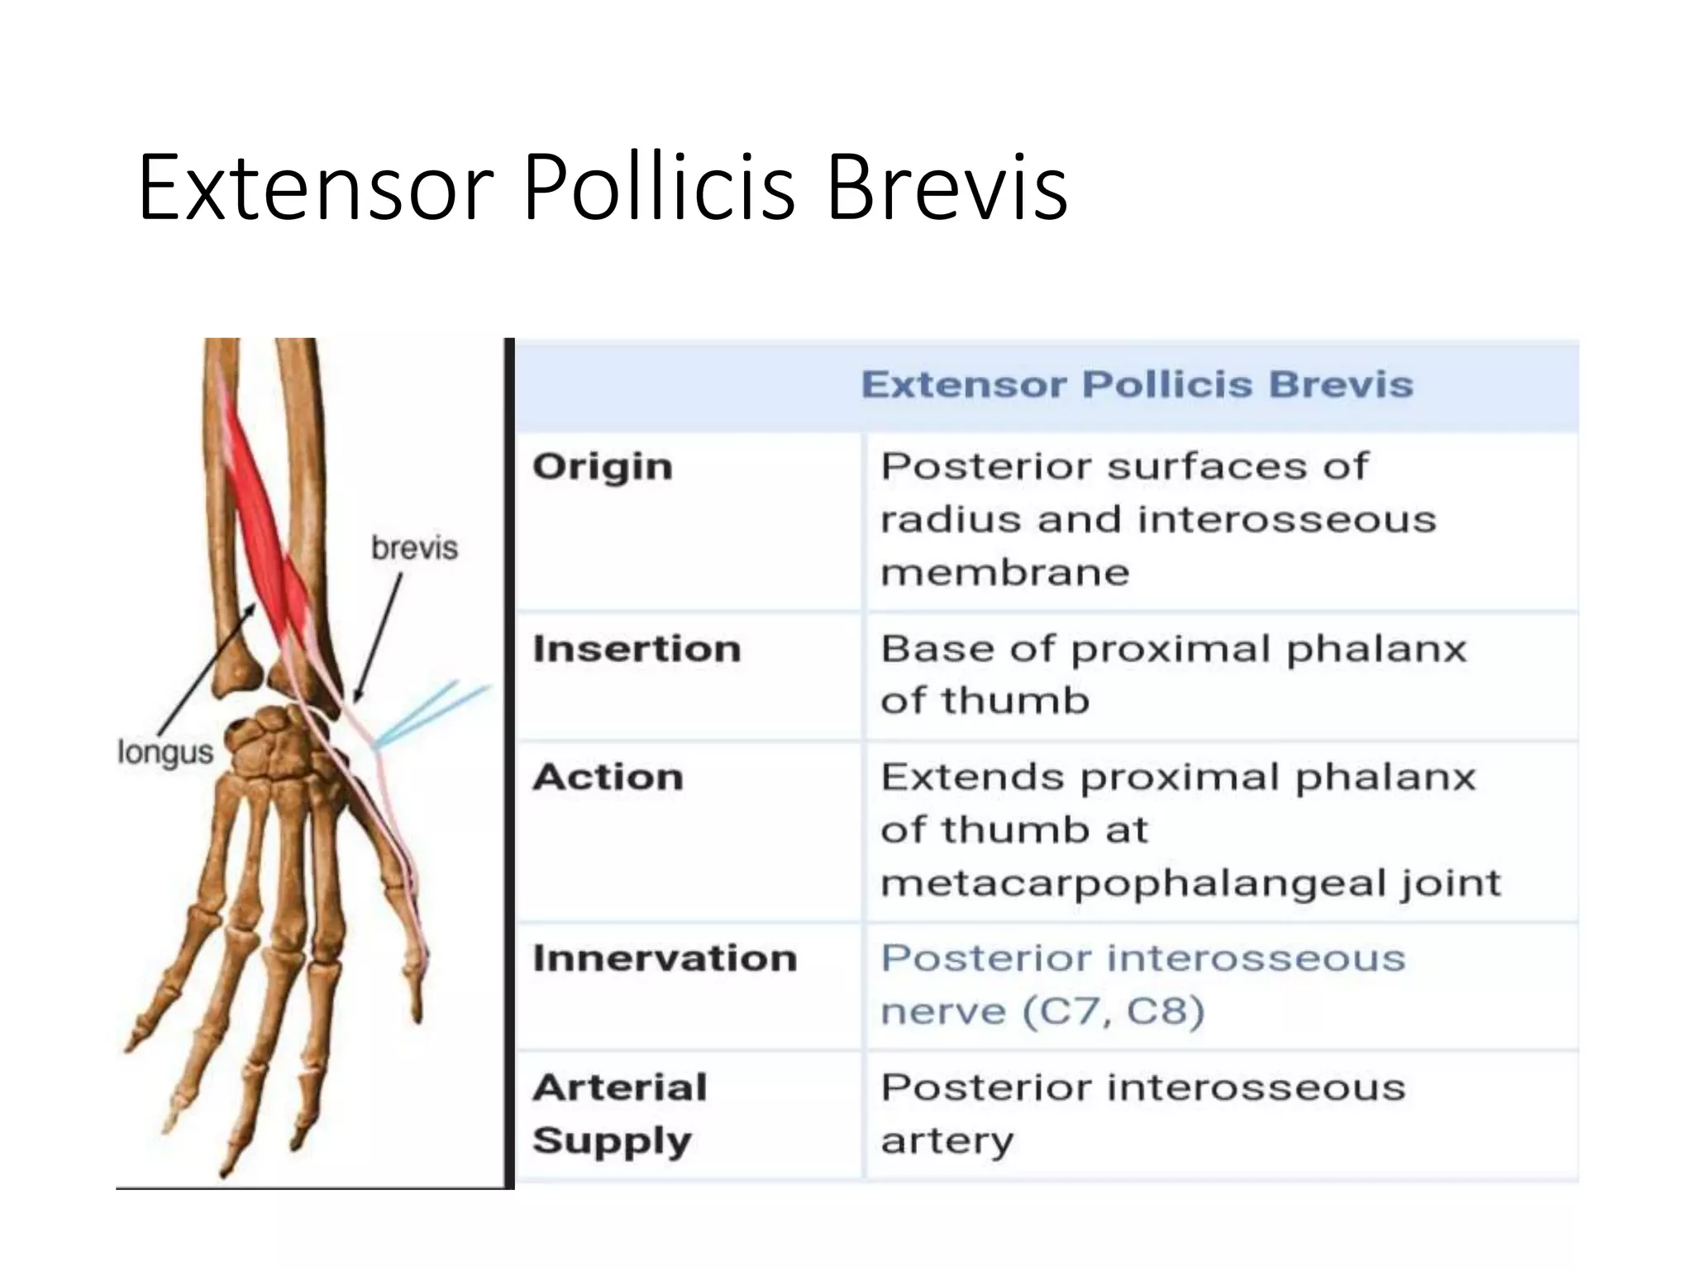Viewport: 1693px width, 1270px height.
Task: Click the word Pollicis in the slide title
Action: point(658,189)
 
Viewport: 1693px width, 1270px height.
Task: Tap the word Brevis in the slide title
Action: point(947,189)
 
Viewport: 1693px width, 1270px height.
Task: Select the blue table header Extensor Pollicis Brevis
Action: point(1137,384)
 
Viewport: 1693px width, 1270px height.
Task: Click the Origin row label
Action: point(603,467)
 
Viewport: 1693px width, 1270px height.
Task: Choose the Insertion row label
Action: point(637,649)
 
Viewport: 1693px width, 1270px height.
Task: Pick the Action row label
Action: point(608,777)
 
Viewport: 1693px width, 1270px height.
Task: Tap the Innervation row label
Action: point(665,958)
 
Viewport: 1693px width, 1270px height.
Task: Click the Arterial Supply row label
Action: point(620,1114)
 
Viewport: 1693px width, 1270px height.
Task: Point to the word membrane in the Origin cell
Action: point(1004,573)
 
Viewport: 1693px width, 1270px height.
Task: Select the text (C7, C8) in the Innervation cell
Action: point(1114,1011)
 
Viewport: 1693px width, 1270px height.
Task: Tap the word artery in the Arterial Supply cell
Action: point(947,1141)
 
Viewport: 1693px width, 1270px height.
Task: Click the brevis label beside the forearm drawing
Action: point(414,548)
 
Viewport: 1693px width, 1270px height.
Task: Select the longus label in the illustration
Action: point(165,752)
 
